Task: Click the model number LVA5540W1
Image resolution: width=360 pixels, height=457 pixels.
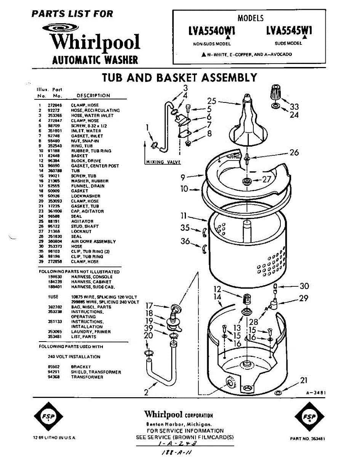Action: tap(212, 31)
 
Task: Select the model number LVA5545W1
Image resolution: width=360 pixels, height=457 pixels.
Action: tap(289, 31)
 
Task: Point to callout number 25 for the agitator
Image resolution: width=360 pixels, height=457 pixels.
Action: tap(212, 101)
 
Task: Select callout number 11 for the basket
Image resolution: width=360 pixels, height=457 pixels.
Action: tap(183, 216)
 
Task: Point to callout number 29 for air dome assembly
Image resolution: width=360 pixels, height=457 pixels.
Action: tap(304, 298)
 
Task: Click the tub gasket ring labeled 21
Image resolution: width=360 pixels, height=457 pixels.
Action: tap(278, 393)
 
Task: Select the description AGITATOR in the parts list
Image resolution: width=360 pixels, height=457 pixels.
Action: tap(82, 221)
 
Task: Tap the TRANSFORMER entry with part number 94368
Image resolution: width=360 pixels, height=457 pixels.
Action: tap(87, 377)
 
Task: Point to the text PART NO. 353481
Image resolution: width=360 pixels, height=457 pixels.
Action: tap(307, 439)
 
